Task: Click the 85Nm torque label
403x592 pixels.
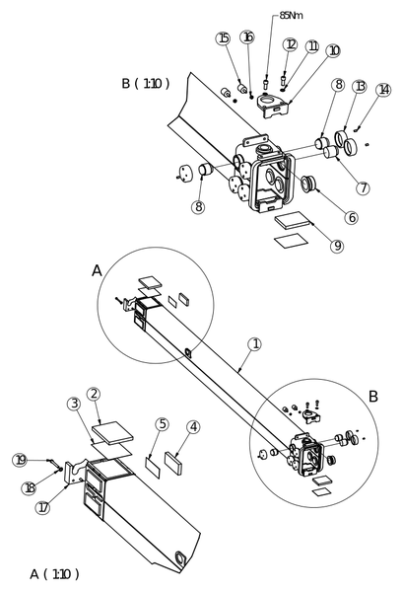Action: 291,16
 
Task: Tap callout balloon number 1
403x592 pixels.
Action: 255,344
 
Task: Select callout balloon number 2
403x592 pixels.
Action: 94,394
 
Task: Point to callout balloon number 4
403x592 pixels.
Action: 193,427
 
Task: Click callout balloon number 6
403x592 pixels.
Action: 352,217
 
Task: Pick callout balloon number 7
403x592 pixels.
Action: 363,188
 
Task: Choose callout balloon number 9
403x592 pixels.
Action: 337,246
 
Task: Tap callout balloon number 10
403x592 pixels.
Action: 334,51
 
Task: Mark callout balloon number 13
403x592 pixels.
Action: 360,87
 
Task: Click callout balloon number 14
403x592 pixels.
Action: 383,90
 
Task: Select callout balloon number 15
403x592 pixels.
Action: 223,38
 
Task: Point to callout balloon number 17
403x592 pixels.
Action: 43,508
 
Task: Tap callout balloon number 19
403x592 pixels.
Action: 20,460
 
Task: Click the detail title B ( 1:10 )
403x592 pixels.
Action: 146,83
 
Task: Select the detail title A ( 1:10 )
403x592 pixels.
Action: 54,574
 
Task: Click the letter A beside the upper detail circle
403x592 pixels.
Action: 97,270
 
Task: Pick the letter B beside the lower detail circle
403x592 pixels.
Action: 372,397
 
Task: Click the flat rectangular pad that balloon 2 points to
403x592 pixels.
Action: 112,433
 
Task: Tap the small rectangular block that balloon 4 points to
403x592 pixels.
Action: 173,462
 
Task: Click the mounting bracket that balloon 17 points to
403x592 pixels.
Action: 76,472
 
